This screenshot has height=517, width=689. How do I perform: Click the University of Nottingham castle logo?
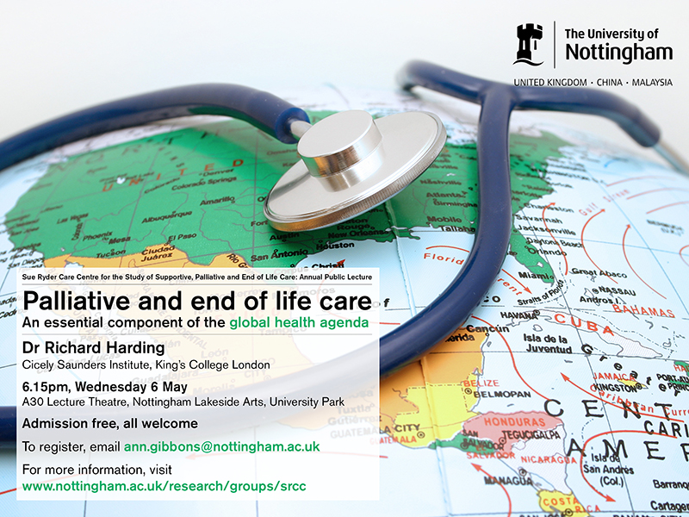pyautogui.click(x=529, y=44)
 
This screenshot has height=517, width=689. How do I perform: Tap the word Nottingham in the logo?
pyautogui.click(x=618, y=53)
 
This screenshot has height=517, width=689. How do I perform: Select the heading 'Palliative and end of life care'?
pyautogui.click(x=197, y=302)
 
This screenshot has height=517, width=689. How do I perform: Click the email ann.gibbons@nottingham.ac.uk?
pyautogui.click(x=222, y=446)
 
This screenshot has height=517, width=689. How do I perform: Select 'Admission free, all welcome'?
pyautogui.click(x=110, y=423)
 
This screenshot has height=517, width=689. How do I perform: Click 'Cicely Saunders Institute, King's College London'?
pyautogui.click(x=146, y=364)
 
